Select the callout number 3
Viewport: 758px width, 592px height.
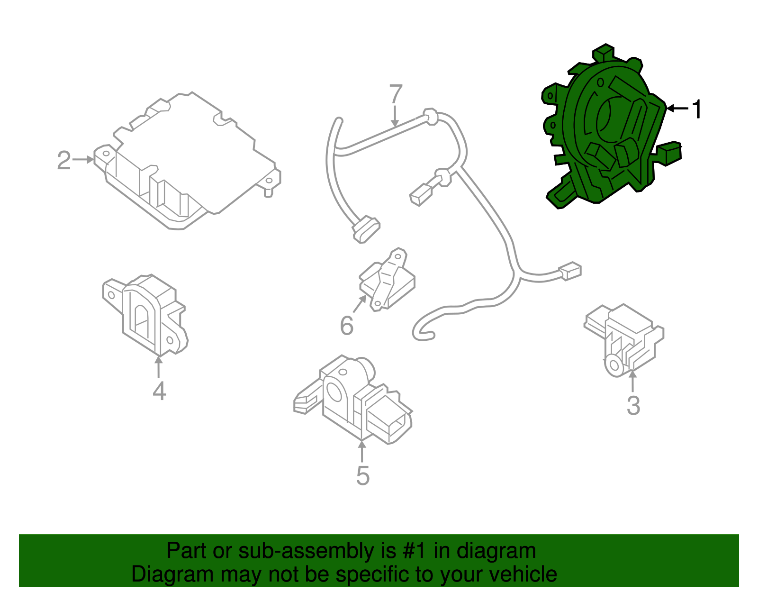[x=633, y=406]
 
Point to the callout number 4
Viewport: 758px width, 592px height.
[x=159, y=391]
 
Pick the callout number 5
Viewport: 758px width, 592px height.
[x=362, y=475]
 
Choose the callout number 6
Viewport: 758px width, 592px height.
[x=347, y=326]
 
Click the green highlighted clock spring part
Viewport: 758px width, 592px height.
[x=611, y=137]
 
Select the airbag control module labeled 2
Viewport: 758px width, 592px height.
[x=189, y=161]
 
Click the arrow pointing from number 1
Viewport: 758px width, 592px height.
[x=677, y=109]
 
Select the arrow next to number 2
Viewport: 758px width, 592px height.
[x=84, y=160]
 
